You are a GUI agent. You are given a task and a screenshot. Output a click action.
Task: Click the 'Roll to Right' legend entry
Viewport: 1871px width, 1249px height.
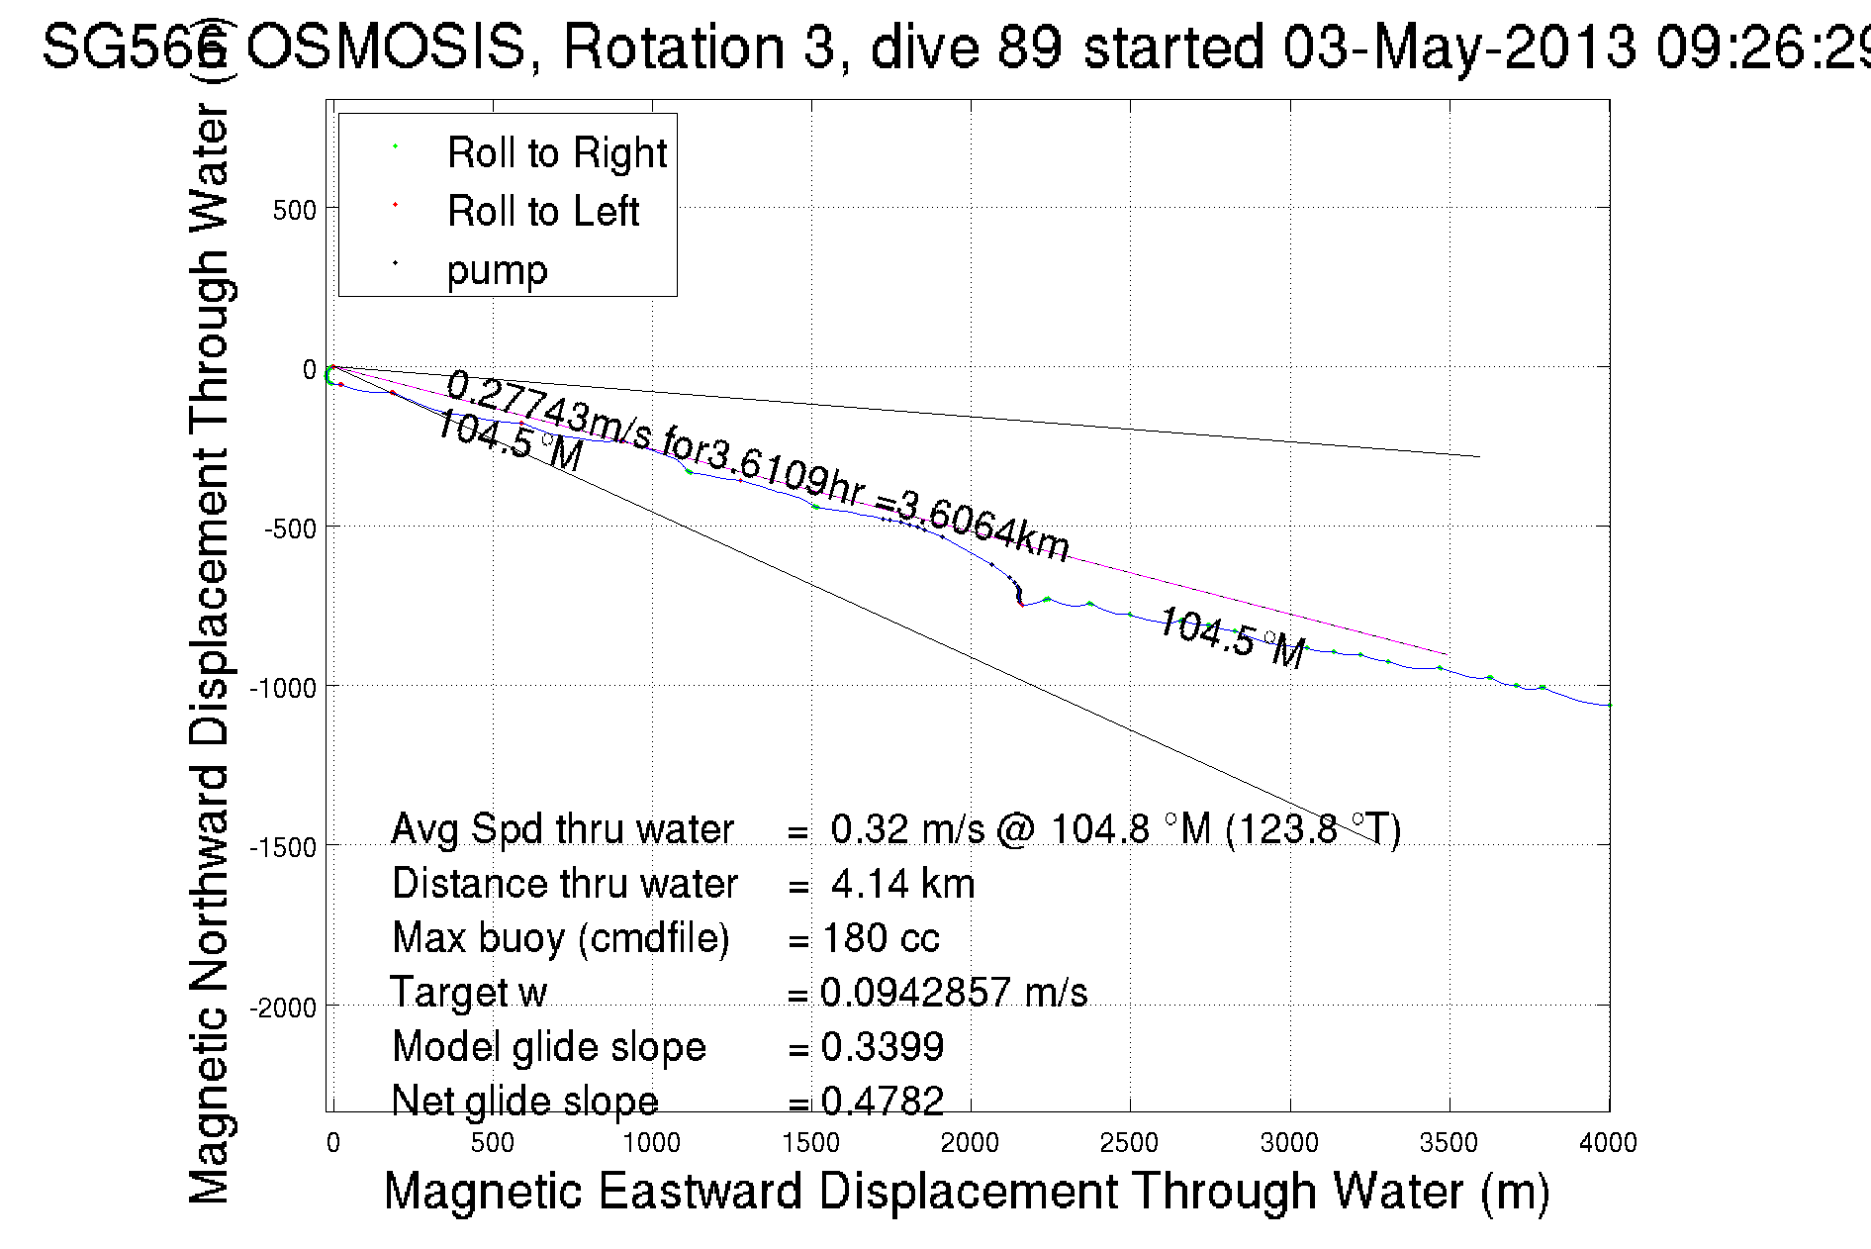coord(556,153)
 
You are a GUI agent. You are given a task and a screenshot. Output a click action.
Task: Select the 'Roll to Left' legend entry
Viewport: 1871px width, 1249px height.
coord(542,212)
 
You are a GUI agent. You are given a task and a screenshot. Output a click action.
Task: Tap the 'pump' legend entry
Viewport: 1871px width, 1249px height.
coord(497,270)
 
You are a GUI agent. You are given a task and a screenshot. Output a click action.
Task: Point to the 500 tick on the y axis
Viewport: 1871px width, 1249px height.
coord(294,211)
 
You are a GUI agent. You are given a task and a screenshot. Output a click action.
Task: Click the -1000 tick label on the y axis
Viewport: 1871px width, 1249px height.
coord(282,688)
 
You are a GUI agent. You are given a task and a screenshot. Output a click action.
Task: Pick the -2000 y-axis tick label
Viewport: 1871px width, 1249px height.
coord(282,1009)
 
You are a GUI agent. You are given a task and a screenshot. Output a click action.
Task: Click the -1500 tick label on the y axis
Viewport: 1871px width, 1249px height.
coord(282,848)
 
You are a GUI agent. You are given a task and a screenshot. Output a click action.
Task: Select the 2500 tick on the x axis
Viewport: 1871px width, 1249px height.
coord(1129,1143)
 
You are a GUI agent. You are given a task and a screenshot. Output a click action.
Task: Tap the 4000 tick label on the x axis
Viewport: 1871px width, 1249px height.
coord(1608,1143)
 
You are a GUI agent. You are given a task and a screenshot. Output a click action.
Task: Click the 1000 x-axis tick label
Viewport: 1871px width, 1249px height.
coord(651,1143)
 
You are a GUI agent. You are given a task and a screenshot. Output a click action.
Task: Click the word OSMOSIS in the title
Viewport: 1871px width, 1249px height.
coord(386,47)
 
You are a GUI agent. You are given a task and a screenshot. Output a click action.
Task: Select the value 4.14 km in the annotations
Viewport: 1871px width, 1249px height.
coord(902,884)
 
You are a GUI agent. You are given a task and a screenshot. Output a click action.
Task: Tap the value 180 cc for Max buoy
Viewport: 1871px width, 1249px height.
coord(881,938)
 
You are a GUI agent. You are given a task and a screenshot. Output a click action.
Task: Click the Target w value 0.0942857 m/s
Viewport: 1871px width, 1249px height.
coord(954,993)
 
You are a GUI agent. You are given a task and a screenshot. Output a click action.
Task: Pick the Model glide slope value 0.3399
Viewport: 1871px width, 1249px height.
coord(883,1047)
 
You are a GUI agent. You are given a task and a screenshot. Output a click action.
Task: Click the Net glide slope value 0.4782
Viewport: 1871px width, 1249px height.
coord(883,1101)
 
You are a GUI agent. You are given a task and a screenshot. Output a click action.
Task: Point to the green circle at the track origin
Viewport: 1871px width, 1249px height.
coord(330,375)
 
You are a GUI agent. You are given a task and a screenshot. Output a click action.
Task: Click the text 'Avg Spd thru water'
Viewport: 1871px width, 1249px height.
coord(562,829)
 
